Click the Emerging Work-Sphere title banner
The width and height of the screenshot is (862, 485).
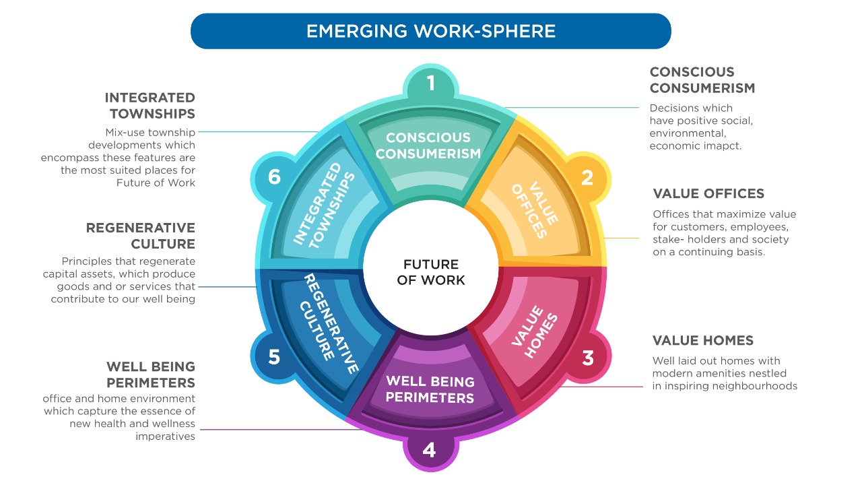click(430, 31)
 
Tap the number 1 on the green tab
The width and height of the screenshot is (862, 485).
click(430, 83)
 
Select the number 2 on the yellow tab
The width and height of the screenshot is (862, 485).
click(587, 177)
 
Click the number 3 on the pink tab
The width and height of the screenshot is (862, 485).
click(588, 358)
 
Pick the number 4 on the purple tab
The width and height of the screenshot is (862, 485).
click(429, 449)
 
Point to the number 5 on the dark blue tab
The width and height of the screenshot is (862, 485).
click(273, 357)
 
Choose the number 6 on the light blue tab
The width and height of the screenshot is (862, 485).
click(274, 176)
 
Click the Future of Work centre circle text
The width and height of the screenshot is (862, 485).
click(430, 272)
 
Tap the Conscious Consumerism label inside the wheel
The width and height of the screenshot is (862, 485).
click(428, 145)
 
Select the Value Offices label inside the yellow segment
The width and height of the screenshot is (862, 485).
click(535, 210)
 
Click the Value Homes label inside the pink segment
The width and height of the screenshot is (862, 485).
click(534, 331)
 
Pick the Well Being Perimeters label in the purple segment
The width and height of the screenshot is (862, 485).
click(430, 389)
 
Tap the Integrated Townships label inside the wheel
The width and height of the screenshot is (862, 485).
click(324, 205)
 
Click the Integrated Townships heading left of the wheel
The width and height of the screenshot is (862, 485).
click(150, 106)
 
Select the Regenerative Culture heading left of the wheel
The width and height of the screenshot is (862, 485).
click(141, 236)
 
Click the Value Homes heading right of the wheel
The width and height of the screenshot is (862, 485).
click(702, 340)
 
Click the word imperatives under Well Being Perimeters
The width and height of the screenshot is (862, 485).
click(165, 437)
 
